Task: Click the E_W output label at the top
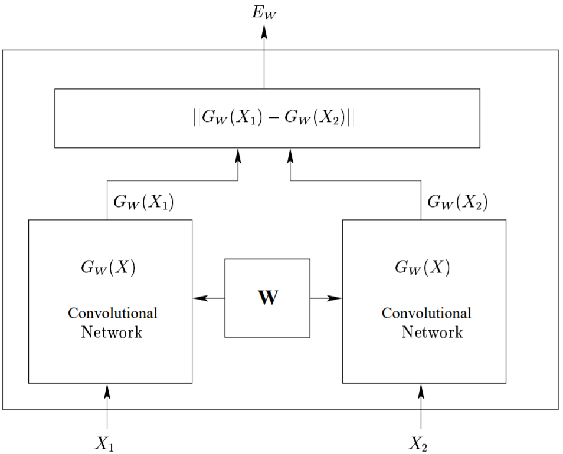pyautogui.click(x=264, y=13)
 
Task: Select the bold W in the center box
pyautogui.click(x=267, y=298)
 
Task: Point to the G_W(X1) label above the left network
pyautogui.click(x=143, y=203)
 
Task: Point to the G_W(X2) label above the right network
pyautogui.click(x=457, y=203)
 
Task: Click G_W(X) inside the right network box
pyautogui.click(x=422, y=268)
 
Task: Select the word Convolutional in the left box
pyautogui.click(x=112, y=313)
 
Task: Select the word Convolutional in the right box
pyautogui.click(x=426, y=313)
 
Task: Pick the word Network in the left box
pyautogui.click(x=112, y=332)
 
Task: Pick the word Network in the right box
pyautogui.click(x=432, y=332)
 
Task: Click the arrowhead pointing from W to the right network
pyautogui.click(x=335, y=298)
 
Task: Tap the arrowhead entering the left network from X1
pyautogui.click(x=107, y=390)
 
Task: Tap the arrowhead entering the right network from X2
pyautogui.click(x=421, y=390)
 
